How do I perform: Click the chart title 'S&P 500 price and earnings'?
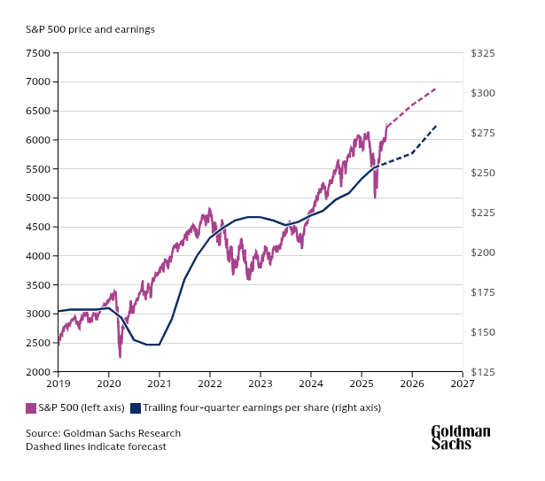90,29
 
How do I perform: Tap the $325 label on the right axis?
483,53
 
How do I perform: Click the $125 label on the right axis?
483,372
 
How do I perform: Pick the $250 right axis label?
483,173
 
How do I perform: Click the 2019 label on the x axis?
58,384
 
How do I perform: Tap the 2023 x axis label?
261,384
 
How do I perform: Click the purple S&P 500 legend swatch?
31,408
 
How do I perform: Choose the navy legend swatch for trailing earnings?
136,408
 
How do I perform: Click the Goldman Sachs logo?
460,437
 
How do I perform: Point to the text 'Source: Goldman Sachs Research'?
103,433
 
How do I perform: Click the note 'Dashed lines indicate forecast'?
96,446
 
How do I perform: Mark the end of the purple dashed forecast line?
436,89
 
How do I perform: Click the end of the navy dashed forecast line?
437,126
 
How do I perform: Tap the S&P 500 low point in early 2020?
120,357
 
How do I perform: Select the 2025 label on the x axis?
362,384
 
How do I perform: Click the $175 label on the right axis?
483,292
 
